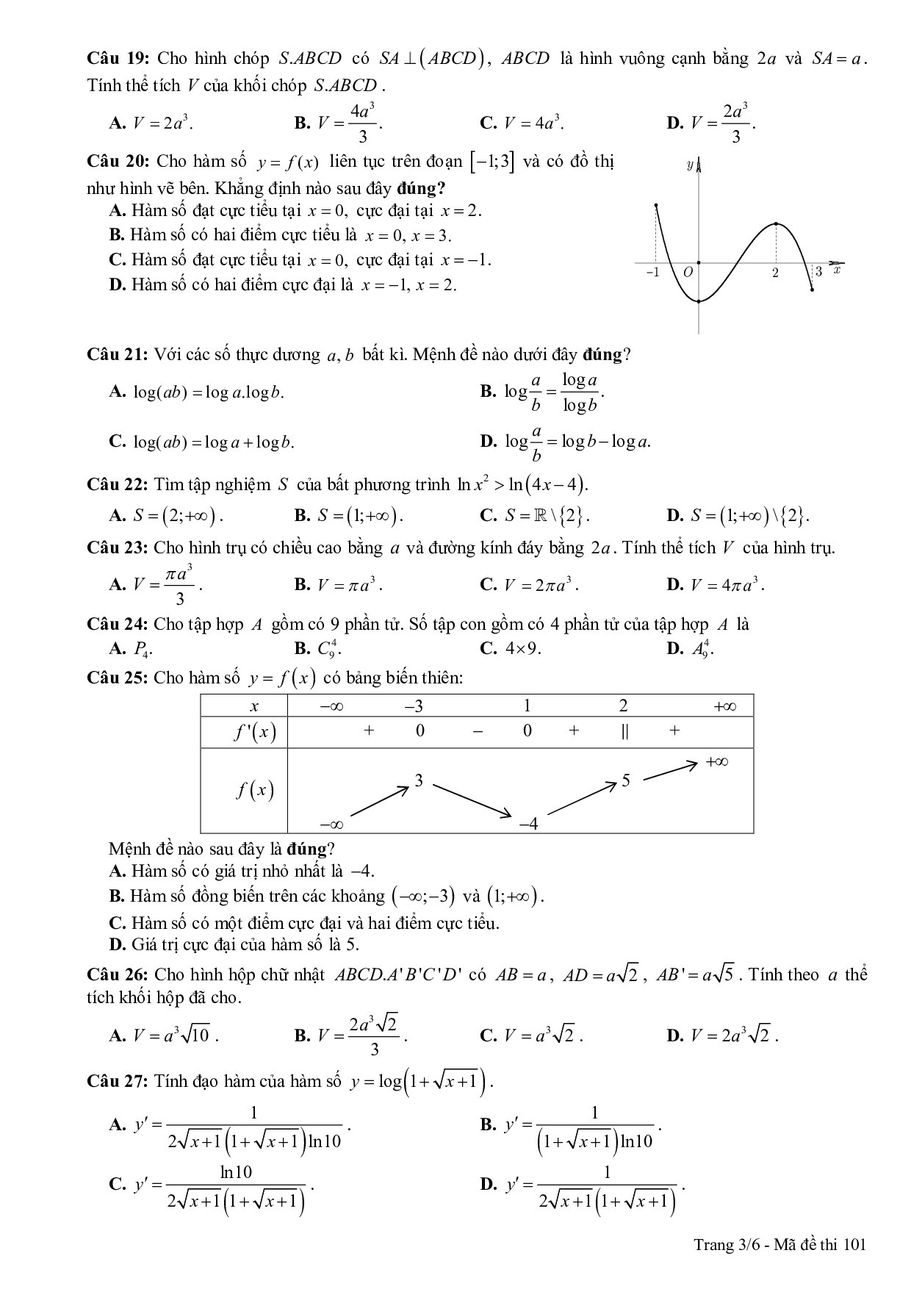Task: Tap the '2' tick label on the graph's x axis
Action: click(775, 273)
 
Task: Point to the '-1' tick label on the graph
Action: click(652, 273)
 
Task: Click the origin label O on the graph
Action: click(688, 273)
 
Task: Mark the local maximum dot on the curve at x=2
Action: click(777, 224)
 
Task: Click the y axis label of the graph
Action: click(690, 165)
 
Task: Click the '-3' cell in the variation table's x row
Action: click(414, 706)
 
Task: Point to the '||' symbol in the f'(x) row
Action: click(624, 730)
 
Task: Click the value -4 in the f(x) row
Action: click(528, 824)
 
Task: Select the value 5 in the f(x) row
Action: click(626, 780)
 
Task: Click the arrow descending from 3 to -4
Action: click(471, 799)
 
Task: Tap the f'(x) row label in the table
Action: click(254, 732)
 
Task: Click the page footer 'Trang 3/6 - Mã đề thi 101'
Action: click(780, 1244)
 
